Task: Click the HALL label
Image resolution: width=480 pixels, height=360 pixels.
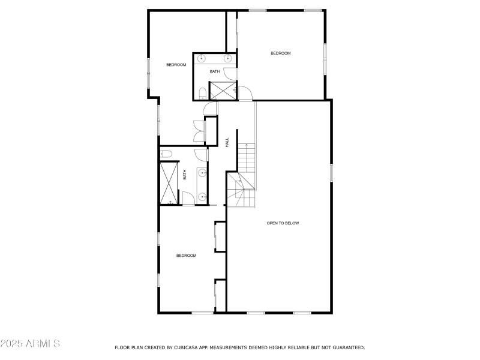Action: [227, 143]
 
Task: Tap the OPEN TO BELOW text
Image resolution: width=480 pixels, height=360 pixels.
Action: [283, 223]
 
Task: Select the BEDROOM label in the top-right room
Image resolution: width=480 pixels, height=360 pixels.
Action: [280, 53]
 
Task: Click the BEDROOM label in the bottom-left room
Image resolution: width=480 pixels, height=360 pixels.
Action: [186, 256]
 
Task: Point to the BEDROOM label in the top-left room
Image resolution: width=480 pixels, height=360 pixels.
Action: [176, 65]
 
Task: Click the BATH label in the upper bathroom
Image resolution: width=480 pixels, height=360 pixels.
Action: [214, 72]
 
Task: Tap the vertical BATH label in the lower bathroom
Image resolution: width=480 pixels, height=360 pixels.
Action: [185, 175]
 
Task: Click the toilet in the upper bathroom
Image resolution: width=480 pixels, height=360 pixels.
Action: [202, 93]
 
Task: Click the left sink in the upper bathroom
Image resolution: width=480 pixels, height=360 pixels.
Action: [202, 58]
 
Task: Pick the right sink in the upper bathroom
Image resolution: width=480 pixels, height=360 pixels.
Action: [228, 58]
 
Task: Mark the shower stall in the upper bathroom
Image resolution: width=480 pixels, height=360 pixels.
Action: [221, 91]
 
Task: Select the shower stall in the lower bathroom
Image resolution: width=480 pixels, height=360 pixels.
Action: [169, 182]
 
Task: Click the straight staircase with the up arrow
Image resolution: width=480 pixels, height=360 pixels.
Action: [247, 158]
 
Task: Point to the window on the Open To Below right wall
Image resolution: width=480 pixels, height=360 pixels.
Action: [331, 172]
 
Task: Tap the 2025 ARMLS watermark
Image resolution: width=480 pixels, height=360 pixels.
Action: [30, 344]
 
